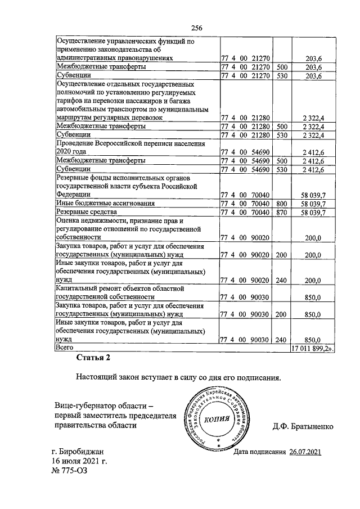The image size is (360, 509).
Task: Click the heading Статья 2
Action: (95, 358)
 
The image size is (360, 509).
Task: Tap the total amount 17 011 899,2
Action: (312, 349)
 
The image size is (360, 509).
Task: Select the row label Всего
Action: (65, 349)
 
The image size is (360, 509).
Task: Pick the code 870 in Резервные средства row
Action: (282, 212)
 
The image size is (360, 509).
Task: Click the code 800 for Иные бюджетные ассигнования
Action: (282, 203)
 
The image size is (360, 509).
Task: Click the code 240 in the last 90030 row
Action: (282, 340)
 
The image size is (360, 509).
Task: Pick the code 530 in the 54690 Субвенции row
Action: (282, 169)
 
